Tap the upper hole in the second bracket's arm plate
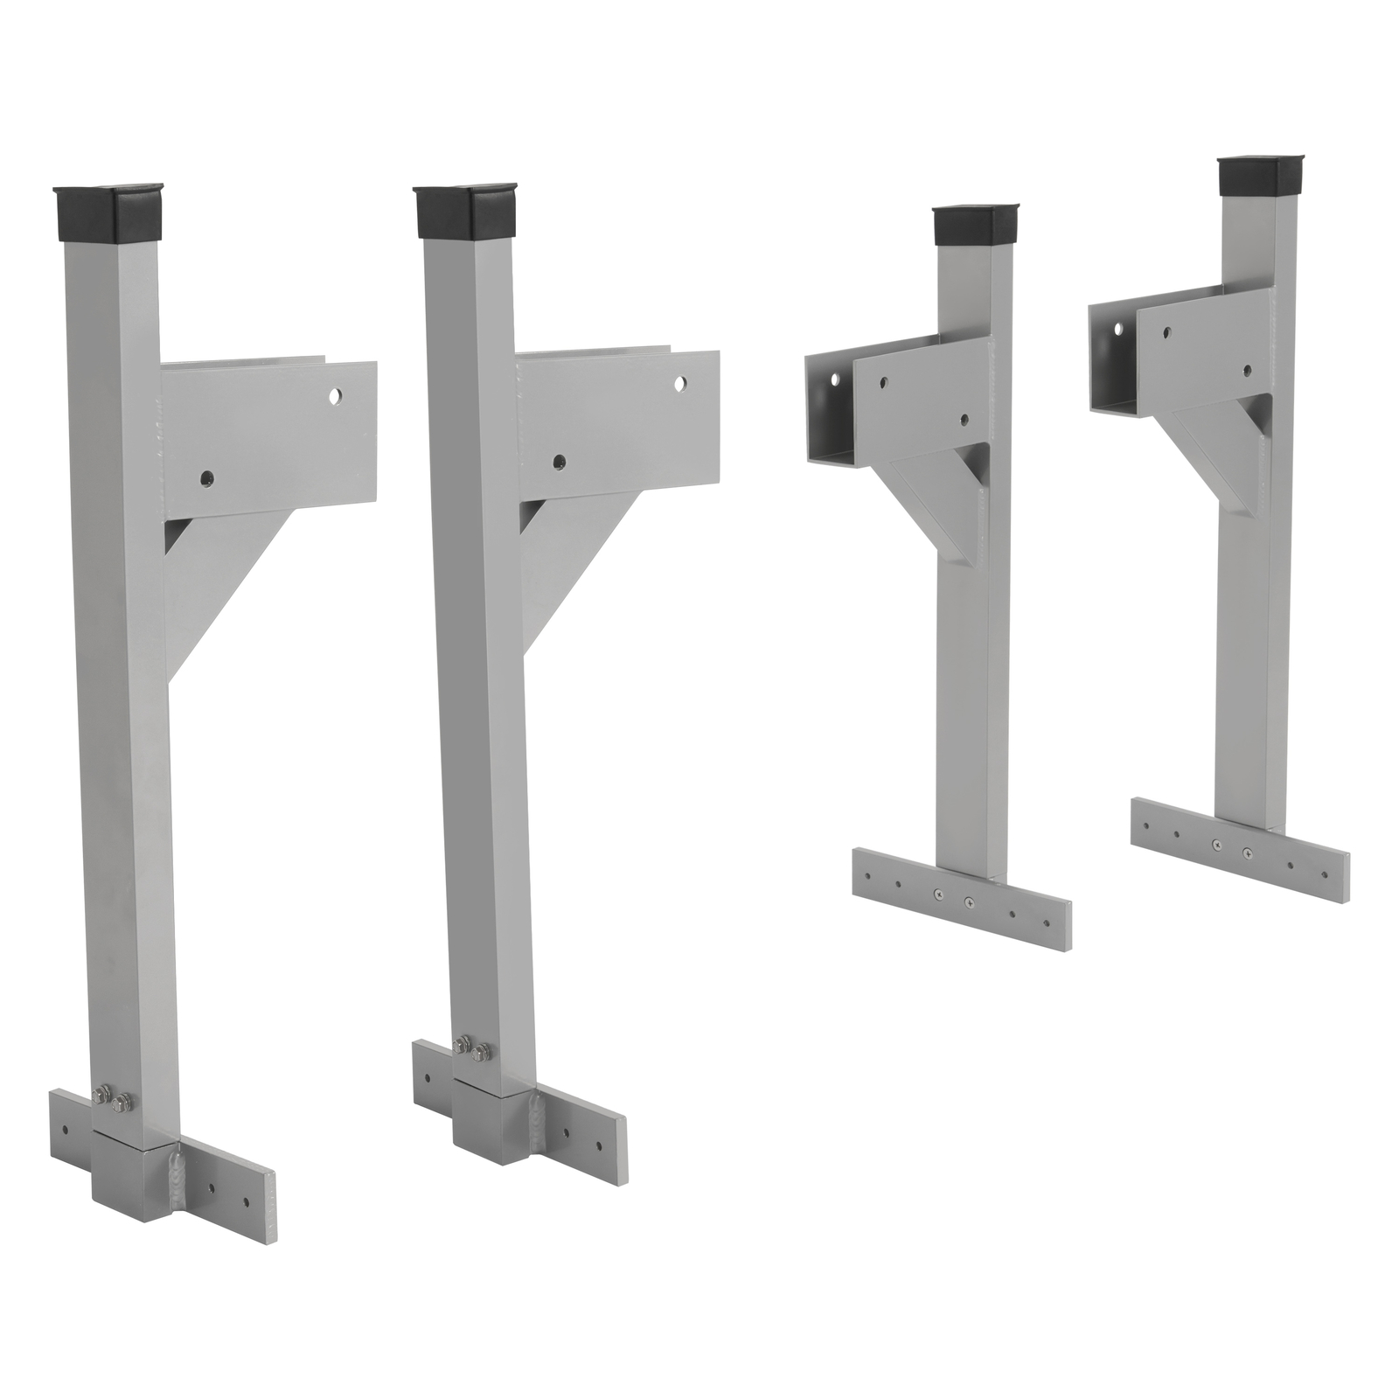point(680,383)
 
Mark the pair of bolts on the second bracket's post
point(470,1049)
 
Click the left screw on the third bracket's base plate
point(939,893)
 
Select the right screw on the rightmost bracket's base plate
point(1245,851)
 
